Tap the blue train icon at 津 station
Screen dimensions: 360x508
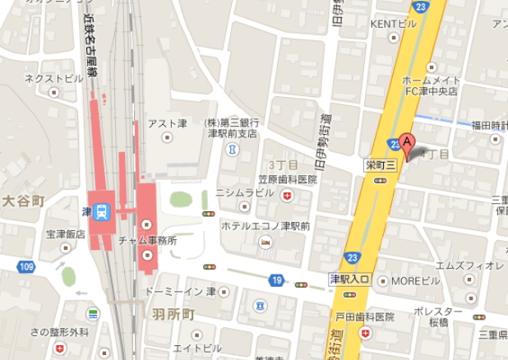(102, 211)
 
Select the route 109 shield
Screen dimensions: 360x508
(27, 265)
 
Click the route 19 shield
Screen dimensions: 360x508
(273, 280)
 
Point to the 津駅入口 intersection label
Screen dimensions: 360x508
(352, 280)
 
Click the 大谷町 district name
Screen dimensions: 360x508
(21, 200)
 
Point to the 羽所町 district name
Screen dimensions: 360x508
(174, 315)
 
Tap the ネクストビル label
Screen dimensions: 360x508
(53, 79)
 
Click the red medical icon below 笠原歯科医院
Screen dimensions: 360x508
(287, 196)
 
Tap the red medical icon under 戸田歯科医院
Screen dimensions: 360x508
(366, 334)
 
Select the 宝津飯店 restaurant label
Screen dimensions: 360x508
(65, 234)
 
